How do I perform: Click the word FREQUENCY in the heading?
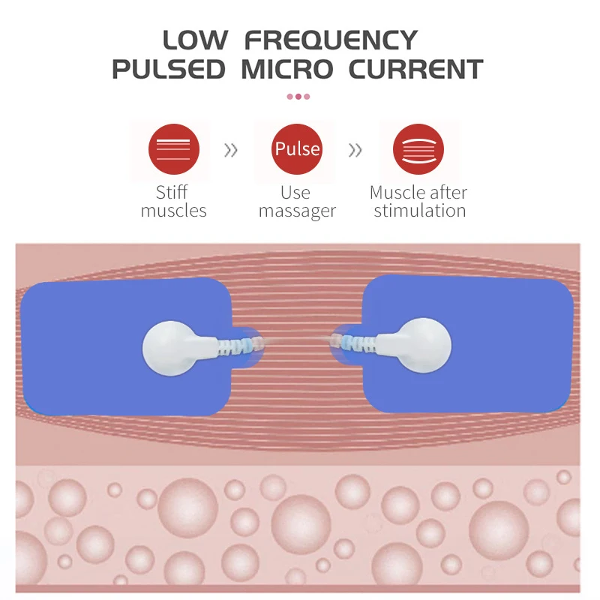[331, 39]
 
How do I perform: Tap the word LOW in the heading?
[196, 39]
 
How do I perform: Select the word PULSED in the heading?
[168, 69]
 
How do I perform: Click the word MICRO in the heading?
[287, 69]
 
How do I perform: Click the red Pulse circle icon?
[297, 149]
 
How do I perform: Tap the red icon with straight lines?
[173, 149]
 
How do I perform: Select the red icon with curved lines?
[418, 149]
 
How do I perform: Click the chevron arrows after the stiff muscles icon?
[231, 151]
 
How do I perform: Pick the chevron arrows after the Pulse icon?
[355, 151]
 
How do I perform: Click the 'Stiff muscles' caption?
[173, 202]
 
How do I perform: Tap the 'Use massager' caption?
[297, 202]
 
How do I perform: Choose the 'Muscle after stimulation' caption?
[418, 202]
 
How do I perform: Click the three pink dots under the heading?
[298, 97]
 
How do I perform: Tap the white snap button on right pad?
[421, 344]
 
